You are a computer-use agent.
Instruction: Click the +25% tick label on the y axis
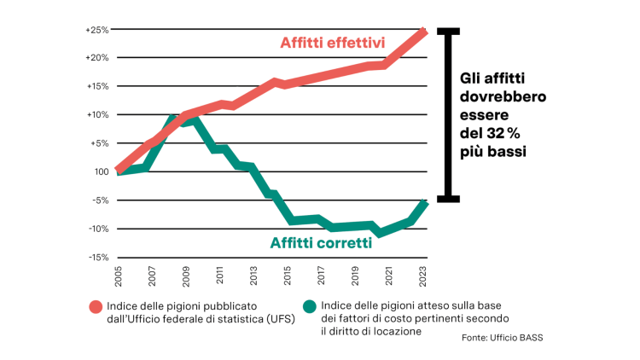click(x=96, y=30)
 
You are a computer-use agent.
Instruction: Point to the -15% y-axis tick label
click(x=96, y=257)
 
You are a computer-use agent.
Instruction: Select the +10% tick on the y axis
click(x=96, y=115)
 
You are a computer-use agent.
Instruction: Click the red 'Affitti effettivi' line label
click(x=334, y=43)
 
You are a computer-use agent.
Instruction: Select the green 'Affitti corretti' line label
click(x=321, y=243)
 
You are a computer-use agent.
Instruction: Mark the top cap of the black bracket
click(x=449, y=30)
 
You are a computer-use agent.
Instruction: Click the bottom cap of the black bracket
click(x=449, y=200)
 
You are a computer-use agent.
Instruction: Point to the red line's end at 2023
click(x=425, y=31)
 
